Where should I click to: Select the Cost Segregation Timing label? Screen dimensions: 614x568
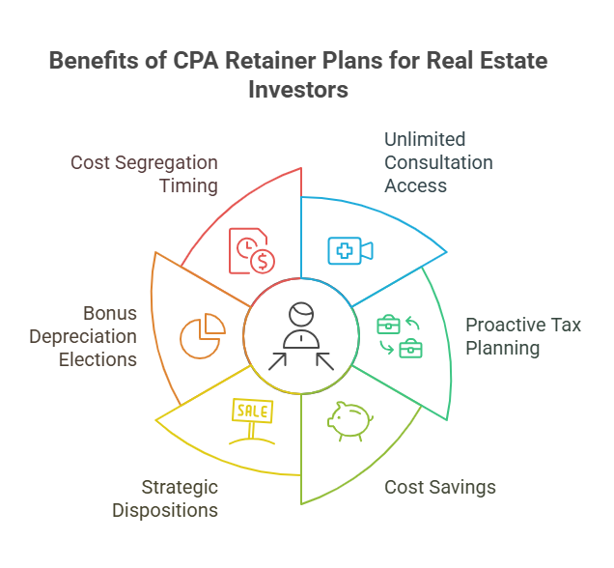(144, 174)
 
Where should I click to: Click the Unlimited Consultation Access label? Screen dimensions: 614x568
(438, 162)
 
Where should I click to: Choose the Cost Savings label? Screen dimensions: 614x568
(440, 487)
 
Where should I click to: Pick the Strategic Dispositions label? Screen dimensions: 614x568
(165, 498)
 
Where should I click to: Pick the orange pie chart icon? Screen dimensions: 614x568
(202, 335)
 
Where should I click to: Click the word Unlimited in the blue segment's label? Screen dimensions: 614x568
(425, 139)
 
